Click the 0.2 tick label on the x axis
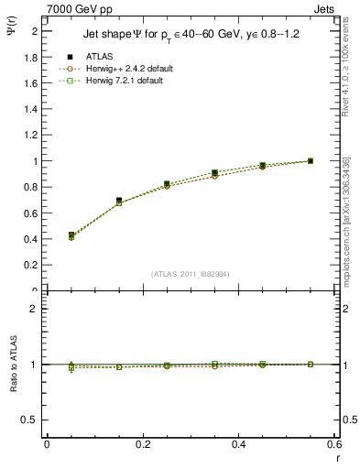coord(142,444)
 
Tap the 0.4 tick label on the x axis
coord(238,444)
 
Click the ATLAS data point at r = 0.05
coord(71,235)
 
